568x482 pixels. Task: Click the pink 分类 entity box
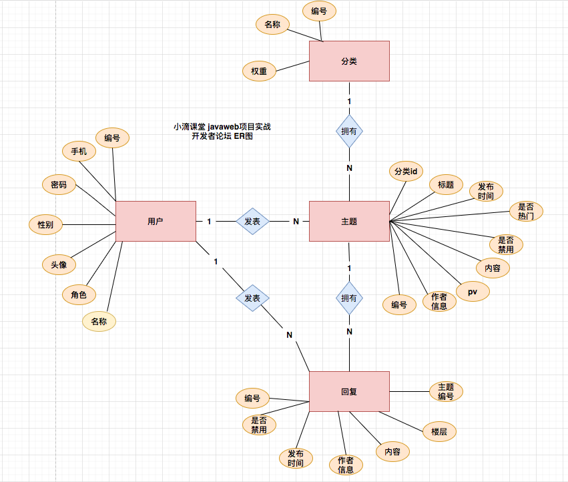pos(349,61)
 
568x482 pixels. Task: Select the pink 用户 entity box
pos(156,221)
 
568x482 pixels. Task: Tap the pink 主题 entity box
pos(349,221)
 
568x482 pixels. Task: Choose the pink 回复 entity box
pos(349,391)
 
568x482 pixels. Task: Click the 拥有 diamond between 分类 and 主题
pos(349,132)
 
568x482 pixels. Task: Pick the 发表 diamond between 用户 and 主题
pos(252,221)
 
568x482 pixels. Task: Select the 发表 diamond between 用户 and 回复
pos(252,298)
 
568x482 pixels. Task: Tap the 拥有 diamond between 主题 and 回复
pos(349,298)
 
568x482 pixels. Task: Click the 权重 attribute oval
pos(259,71)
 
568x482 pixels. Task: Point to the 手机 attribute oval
pos(79,151)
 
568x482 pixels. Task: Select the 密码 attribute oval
pos(59,185)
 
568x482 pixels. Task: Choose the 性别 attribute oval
pos(45,224)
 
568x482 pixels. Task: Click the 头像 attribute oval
pos(59,264)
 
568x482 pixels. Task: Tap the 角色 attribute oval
pos(79,294)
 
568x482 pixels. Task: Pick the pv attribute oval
pos(473,292)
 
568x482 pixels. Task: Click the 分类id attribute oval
pos(406,172)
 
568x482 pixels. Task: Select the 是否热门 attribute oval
pos(526,212)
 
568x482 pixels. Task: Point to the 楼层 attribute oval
pos(439,432)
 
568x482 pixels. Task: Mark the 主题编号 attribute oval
pos(446,391)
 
